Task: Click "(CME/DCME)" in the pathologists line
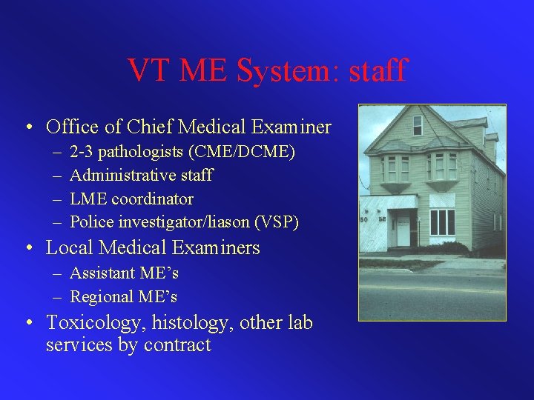(243, 152)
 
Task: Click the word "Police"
(90, 222)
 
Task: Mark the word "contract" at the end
(178, 345)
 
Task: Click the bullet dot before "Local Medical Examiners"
(27, 248)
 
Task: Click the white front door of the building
(403, 229)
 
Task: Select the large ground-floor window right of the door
(442, 221)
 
